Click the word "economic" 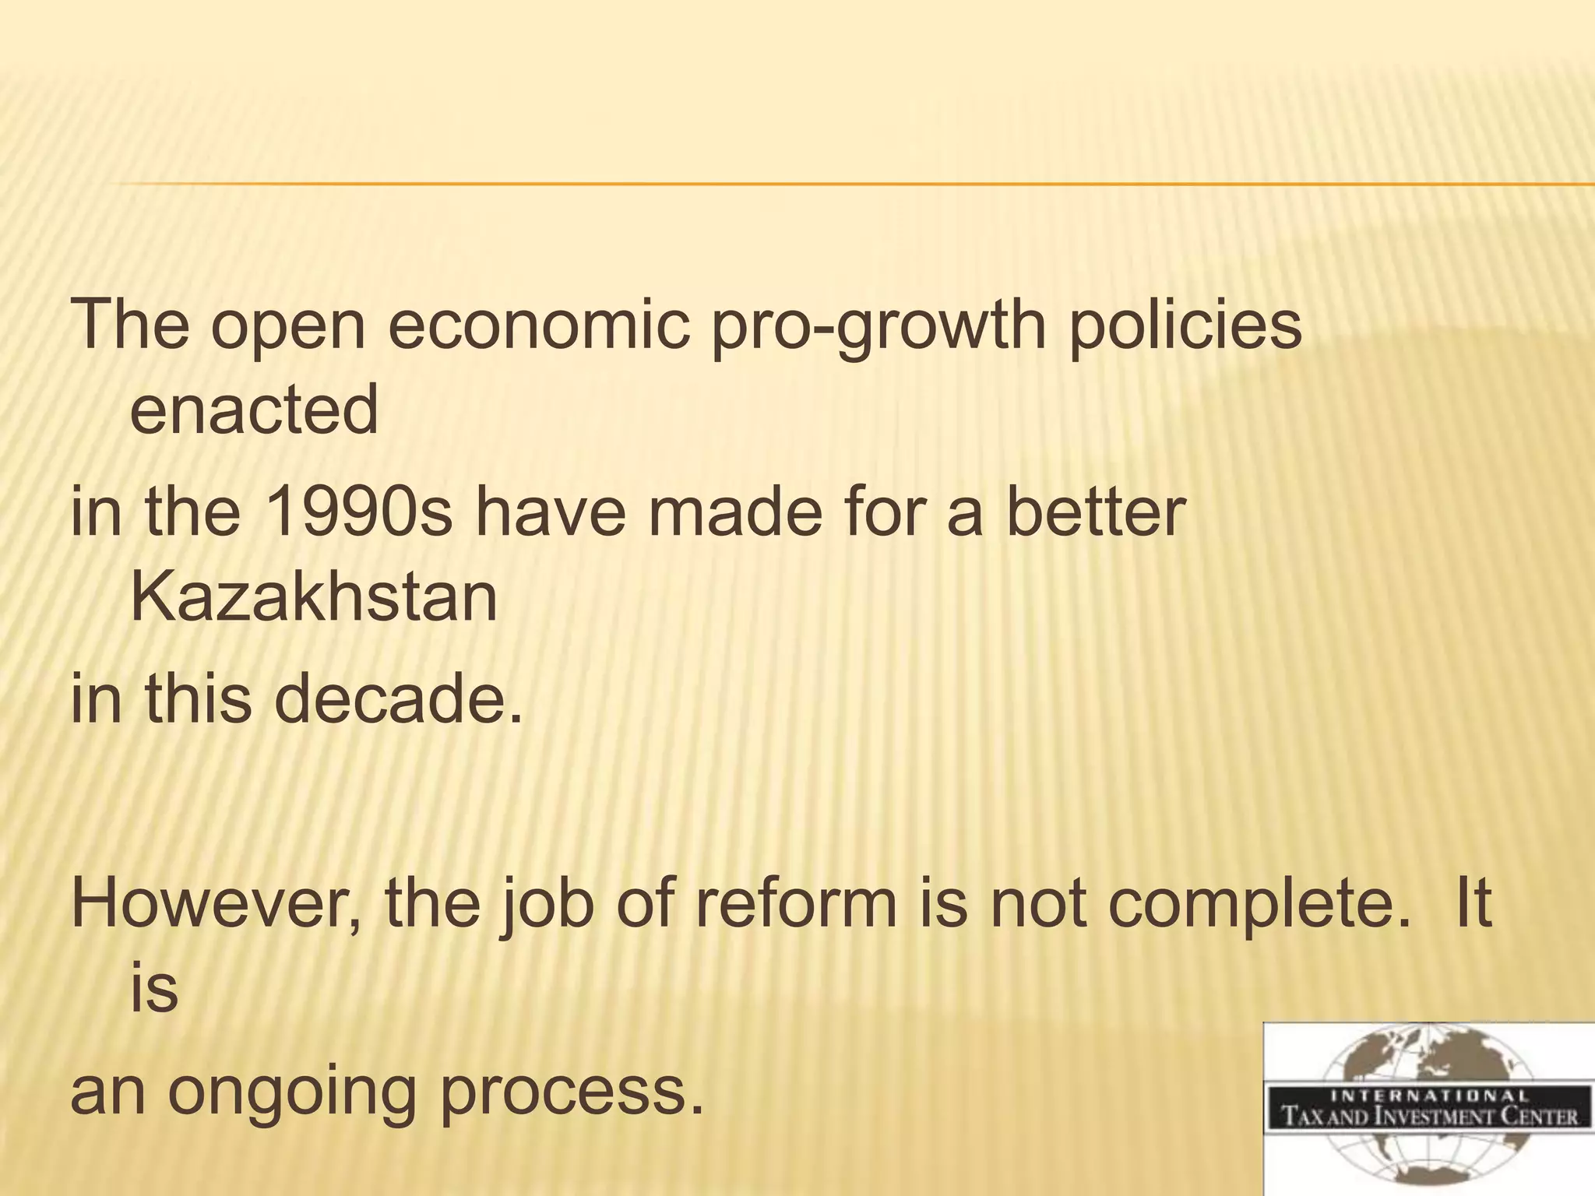point(538,324)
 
